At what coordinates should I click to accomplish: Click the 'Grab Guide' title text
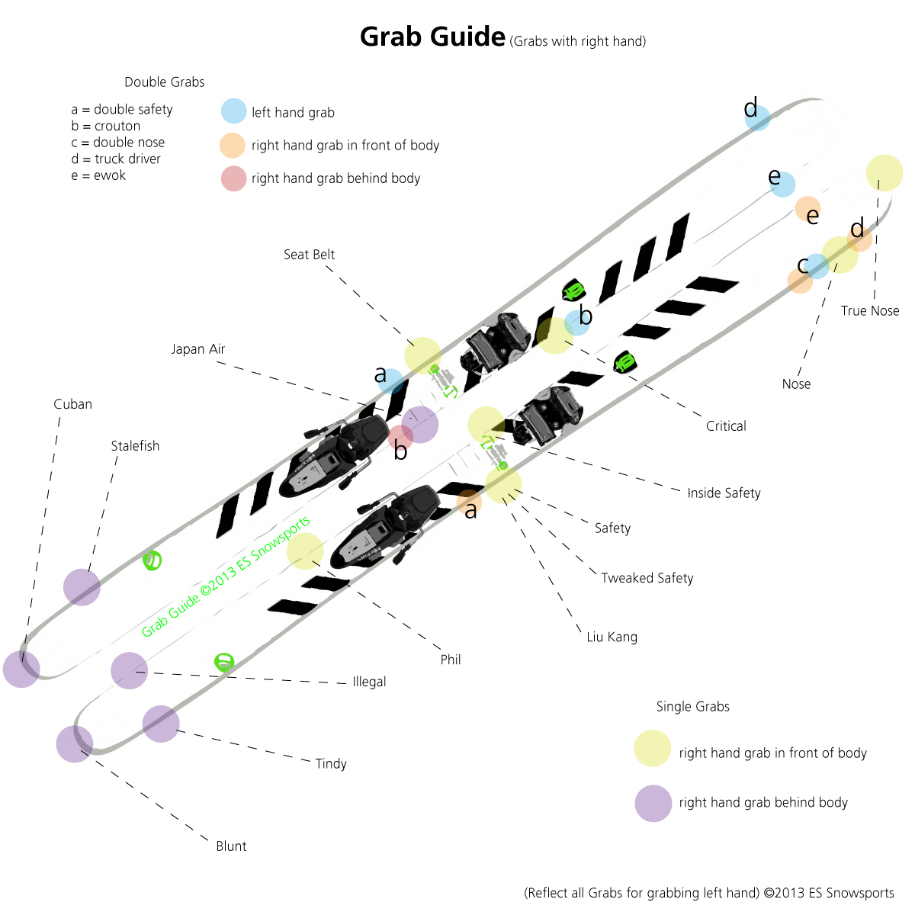point(432,37)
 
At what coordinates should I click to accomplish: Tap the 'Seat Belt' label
point(309,255)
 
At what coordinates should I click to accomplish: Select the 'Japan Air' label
point(197,349)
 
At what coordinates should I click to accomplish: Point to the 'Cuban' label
point(72,404)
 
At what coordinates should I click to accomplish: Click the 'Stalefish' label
point(135,446)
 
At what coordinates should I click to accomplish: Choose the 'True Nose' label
point(870,311)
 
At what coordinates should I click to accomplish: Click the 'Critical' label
point(726,426)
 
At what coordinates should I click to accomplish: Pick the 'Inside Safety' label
point(724,493)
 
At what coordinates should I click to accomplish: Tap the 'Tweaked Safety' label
point(647,578)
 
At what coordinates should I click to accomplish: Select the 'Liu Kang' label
point(612,637)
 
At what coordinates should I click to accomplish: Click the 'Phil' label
point(451,660)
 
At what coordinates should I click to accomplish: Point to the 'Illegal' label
point(369,682)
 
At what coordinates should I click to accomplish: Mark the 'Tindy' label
point(331,763)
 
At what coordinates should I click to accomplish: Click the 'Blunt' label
point(231,846)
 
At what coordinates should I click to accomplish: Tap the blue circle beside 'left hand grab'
point(234,111)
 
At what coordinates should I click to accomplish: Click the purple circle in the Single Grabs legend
point(653,803)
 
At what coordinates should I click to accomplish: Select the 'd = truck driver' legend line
point(116,159)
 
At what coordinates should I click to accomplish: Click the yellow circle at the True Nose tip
point(884,173)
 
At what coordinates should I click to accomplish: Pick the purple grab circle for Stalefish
point(82,587)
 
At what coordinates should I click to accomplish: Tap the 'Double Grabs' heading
point(165,82)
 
